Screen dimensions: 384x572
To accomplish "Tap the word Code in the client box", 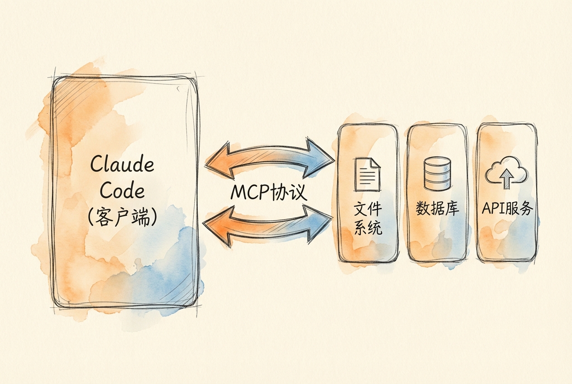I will (122, 191).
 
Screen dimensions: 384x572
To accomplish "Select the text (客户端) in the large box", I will (122, 218).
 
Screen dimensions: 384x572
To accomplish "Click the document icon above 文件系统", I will (367, 174).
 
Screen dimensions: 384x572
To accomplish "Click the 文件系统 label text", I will (368, 218).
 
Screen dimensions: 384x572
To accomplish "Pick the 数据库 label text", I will (438, 209).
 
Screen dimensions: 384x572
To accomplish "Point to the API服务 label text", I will (507, 209).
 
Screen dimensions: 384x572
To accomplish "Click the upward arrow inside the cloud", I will (506, 179).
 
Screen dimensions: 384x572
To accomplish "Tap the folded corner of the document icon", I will (376, 163).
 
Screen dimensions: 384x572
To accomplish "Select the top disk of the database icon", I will (437, 162).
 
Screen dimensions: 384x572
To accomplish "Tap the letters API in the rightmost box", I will (493, 209).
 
